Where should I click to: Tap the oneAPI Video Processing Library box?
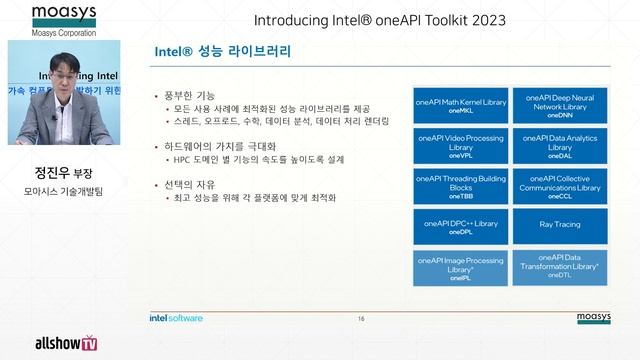point(461,145)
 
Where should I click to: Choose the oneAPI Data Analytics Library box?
point(560,145)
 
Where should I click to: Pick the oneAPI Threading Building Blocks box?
point(461,186)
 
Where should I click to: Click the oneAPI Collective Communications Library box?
point(560,186)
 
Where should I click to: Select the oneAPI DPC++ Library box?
point(461,227)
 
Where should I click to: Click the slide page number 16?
point(361,319)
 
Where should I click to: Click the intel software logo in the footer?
point(175,319)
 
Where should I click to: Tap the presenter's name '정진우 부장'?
point(63,172)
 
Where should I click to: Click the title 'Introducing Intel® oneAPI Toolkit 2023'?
point(380,20)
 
